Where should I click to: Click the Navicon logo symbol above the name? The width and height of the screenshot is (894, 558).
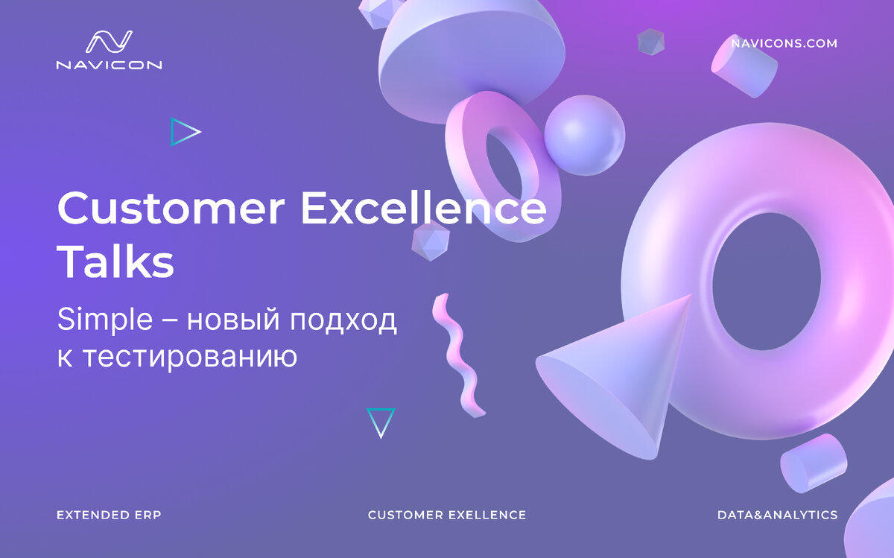click(109, 42)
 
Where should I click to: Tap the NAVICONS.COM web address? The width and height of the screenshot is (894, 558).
click(784, 43)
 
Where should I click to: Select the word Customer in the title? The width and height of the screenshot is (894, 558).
click(171, 209)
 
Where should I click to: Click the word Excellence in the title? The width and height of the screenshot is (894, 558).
click(423, 209)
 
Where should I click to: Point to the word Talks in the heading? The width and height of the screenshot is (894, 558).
click(115, 262)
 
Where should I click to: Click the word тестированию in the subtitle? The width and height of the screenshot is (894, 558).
click(189, 356)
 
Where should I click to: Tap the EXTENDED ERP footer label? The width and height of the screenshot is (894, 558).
click(109, 515)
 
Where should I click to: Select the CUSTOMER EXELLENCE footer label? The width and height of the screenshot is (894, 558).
click(447, 515)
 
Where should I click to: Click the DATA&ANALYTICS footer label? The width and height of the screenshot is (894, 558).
click(777, 515)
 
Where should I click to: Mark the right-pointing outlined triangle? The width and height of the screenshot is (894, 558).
click(184, 132)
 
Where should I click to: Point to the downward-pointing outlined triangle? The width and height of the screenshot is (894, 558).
click(381, 422)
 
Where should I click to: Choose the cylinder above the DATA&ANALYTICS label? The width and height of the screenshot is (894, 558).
click(813, 463)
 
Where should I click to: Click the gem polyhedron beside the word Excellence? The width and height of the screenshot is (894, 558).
click(431, 240)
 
